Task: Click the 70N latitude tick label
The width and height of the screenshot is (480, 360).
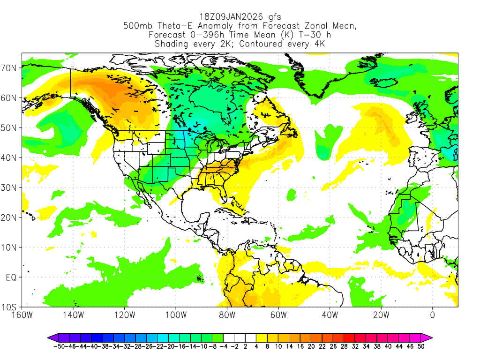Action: point(10,67)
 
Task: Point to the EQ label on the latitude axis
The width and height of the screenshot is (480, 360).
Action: point(11,277)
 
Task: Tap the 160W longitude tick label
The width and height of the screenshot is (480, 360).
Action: point(22,315)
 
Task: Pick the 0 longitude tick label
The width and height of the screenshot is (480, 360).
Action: point(432,315)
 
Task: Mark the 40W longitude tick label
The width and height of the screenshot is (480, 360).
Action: point(330,315)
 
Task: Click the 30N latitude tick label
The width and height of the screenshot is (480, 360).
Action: point(10,187)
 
